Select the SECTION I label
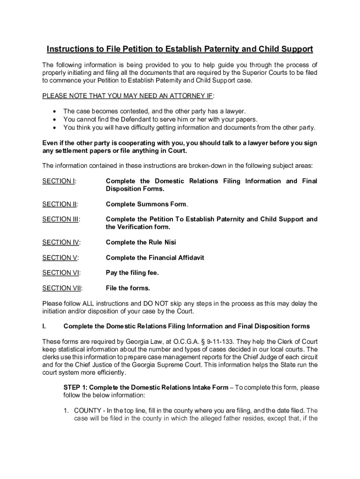(59, 181)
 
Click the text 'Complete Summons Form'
(147, 204)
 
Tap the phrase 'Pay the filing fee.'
(132, 273)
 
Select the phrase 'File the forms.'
(128, 288)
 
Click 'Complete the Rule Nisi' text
(141, 242)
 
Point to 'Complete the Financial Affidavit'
(155, 258)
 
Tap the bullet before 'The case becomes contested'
(56, 111)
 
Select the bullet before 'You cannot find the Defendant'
(56, 119)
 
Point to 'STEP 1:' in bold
(75, 387)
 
